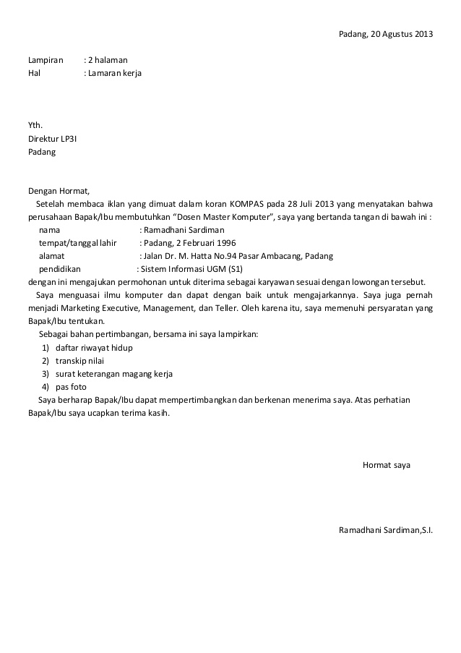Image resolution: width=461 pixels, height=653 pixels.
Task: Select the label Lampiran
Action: (46, 60)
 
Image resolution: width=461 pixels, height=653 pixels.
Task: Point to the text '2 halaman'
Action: (108, 60)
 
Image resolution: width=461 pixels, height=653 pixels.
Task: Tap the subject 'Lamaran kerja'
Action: (115, 73)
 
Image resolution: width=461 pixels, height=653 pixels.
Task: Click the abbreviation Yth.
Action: (35, 126)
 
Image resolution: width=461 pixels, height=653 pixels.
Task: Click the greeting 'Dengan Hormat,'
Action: (59, 191)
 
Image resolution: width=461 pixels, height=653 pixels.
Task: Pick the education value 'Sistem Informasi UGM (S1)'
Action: (192, 269)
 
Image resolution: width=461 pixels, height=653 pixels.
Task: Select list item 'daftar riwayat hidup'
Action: (94, 348)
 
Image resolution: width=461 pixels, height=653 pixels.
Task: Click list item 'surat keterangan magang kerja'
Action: (114, 374)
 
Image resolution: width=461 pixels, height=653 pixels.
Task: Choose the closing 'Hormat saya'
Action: (386, 465)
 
